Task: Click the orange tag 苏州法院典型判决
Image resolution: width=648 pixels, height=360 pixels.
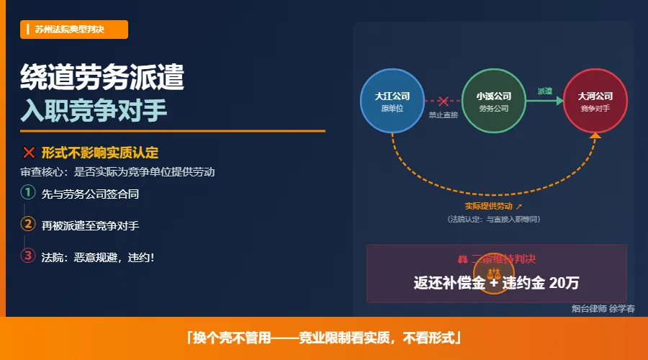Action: point(74,30)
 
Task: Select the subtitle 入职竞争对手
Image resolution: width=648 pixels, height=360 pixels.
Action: point(94,110)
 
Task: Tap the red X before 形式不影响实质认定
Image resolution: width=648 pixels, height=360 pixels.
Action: point(29,152)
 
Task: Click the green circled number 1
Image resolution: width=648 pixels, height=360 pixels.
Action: point(28,193)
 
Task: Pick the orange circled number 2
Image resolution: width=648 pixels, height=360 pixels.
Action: point(28,224)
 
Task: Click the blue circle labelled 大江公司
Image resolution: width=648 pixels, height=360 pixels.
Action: point(392,101)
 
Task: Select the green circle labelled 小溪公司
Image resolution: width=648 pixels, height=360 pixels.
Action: point(494,101)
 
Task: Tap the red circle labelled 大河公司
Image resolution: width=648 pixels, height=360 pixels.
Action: point(595,101)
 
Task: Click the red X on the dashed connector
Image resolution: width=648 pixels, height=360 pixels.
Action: point(444,101)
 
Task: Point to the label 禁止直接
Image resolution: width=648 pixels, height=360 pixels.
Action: point(444,114)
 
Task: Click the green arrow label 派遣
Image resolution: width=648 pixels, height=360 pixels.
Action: point(545,91)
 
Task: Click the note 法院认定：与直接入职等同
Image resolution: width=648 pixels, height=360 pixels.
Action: point(493,218)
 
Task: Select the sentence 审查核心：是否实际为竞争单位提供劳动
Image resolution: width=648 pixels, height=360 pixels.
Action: point(117,172)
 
